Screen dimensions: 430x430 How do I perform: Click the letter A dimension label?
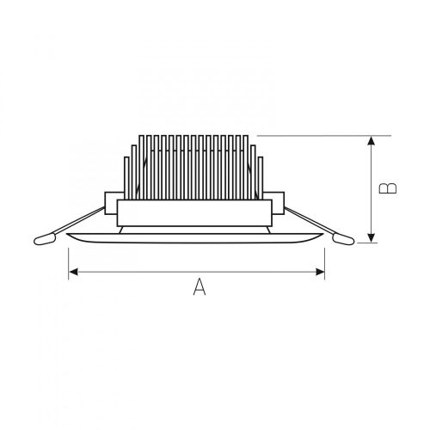(x=200, y=287)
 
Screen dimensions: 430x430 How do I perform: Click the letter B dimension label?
(x=388, y=188)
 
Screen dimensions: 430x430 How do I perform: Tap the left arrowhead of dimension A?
(x=73, y=272)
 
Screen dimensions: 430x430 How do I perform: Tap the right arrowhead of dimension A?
(x=320, y=272)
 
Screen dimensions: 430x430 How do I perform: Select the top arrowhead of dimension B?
(x=372, y=140)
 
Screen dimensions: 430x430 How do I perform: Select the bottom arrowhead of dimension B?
(x=372, y=237)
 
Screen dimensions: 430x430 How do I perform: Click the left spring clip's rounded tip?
(x=45, y=239)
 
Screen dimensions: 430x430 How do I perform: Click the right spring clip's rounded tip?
(x=343, y=239)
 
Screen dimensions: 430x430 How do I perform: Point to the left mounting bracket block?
(x=111, y=203)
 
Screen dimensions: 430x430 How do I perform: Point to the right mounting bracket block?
(x=277, y=203)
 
